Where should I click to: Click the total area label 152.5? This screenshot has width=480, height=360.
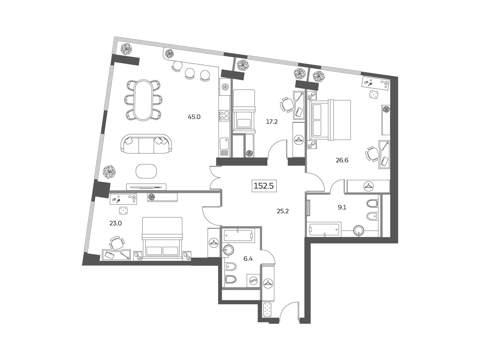(x=264, y=186)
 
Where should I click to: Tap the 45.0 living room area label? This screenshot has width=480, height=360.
(x=194, y=117)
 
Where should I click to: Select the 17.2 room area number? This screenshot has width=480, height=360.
(x=272, y=122)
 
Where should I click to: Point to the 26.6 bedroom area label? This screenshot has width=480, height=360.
(x=342, y=160)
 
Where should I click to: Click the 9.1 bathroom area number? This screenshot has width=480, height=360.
(x=342, y=207)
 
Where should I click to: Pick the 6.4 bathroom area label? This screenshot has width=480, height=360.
(x=248, y=258)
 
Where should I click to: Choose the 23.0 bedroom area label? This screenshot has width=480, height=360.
(x=115, y=223)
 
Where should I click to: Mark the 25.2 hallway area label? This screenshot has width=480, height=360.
(x=283, y=211)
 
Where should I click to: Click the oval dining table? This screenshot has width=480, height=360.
(x=144, y=100)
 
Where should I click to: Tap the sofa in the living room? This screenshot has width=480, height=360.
(x=146, y=144)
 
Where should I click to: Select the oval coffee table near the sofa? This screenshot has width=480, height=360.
(x=146, y=171)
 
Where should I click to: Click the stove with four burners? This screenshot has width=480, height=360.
(x=224, y=116)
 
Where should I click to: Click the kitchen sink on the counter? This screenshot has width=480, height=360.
(x=224, y=144)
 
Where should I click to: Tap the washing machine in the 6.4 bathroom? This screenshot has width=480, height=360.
(x=253, y=281)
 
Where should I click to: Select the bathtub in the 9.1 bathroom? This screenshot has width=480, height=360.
(x=324, y=229)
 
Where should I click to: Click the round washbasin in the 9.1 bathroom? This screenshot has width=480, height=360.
(x=359, y=231)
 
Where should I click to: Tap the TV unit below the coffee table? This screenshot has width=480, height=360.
(x=146, y=187)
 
